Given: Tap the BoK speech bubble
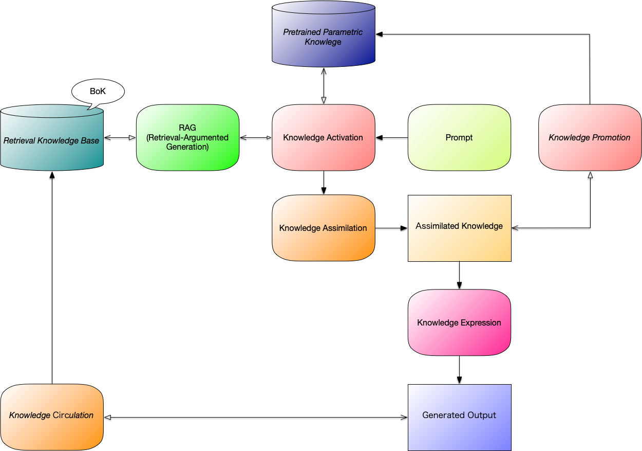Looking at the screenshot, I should [98, 92].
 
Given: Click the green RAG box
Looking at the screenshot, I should [187, 137].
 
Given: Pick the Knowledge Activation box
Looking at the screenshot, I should [323, 137].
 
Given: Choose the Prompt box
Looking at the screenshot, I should [459, 137].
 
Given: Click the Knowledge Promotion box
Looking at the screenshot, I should [590, 137].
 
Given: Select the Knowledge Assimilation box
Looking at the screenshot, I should [323, 228].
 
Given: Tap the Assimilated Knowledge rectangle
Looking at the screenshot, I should [459, 228].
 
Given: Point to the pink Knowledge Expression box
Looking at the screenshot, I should [459, 322].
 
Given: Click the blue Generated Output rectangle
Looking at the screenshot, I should [459, 417].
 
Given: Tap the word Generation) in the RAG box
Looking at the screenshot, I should [187, 147].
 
